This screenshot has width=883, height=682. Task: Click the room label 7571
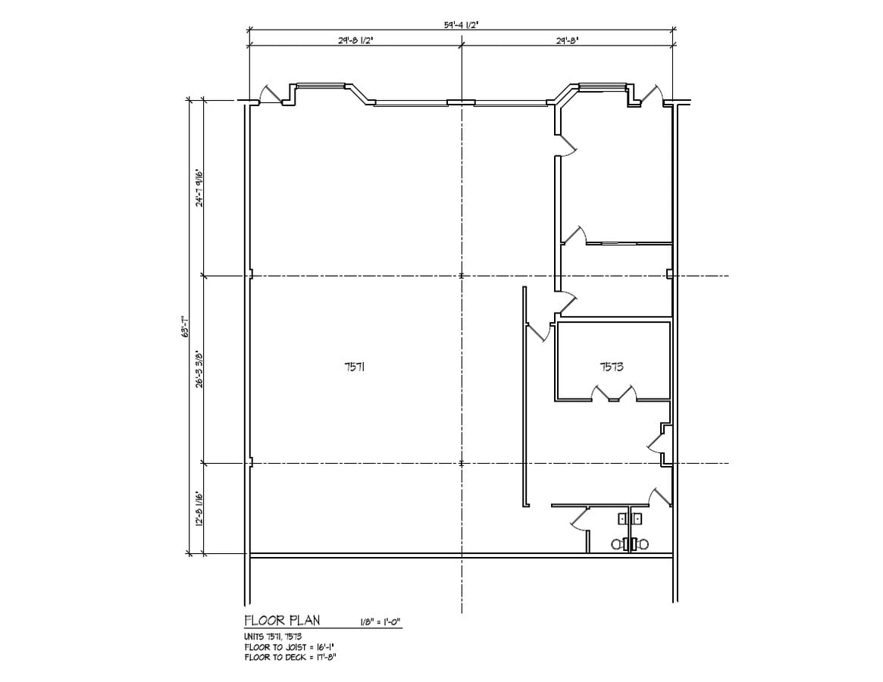point(355,367)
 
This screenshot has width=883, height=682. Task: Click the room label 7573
point(612,367)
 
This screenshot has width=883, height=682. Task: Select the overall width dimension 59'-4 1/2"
point(461,25)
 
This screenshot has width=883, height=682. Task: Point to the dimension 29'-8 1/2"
point(355,41)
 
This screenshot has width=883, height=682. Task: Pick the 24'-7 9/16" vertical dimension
point(199,187)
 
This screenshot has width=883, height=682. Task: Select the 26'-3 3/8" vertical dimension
point(199,369)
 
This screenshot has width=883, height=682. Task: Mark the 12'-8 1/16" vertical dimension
point(199,508)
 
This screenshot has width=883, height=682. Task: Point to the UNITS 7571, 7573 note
point(273,637)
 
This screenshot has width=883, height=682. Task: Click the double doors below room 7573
point(614,393)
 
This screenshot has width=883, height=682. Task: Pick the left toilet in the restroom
point(618,544)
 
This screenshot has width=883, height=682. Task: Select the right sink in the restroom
point(638,518)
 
